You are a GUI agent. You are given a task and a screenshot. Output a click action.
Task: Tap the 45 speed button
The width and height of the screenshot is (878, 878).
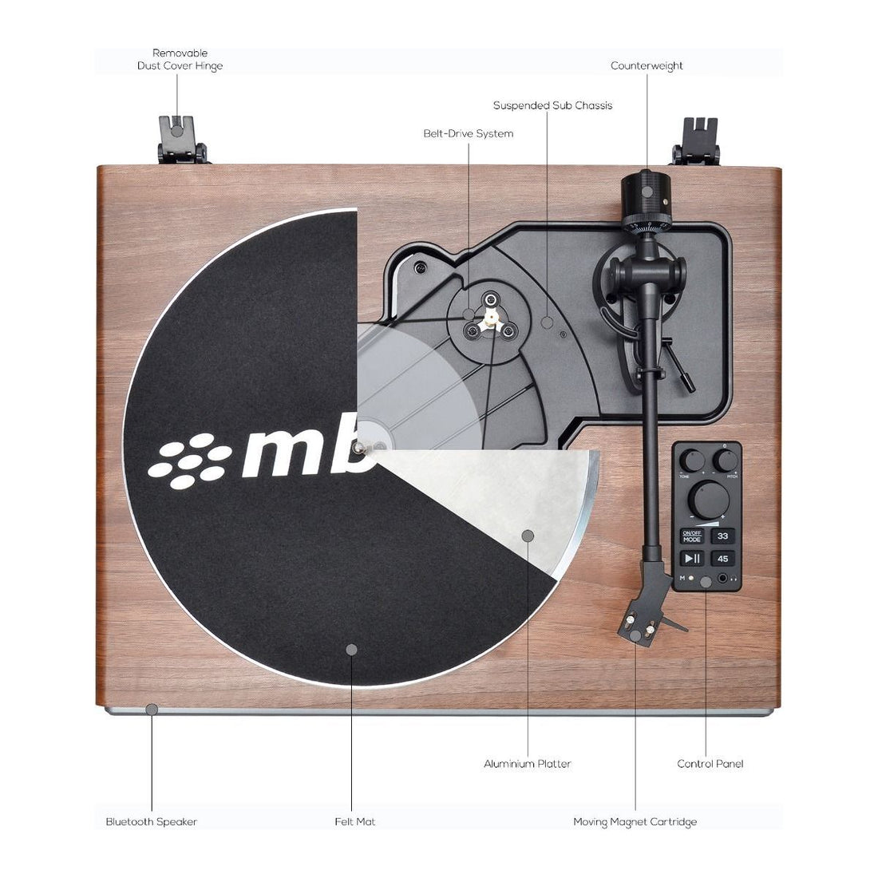pos(723,559)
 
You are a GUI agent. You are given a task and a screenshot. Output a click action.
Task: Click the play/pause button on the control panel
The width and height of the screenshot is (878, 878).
pos(691,559)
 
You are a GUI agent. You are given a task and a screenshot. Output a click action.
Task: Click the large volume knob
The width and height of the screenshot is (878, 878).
pos(706,499)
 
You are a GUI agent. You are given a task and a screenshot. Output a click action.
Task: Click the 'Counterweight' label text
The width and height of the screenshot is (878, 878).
pos(647,65)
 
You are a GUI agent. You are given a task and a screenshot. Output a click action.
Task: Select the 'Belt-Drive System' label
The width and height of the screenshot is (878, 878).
pos(468,133)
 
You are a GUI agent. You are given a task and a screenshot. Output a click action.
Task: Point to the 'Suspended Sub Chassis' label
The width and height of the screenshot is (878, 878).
pos(552,105)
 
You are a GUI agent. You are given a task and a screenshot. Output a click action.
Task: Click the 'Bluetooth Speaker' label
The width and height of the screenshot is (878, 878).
pos(152,821)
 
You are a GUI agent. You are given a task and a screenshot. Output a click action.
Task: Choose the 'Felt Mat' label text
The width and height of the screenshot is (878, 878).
pos(354,821)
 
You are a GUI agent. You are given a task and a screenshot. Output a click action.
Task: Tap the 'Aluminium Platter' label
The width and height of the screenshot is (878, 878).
pos(527,764)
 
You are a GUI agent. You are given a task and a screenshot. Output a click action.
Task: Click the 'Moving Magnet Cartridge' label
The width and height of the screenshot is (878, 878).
pos(635,821)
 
